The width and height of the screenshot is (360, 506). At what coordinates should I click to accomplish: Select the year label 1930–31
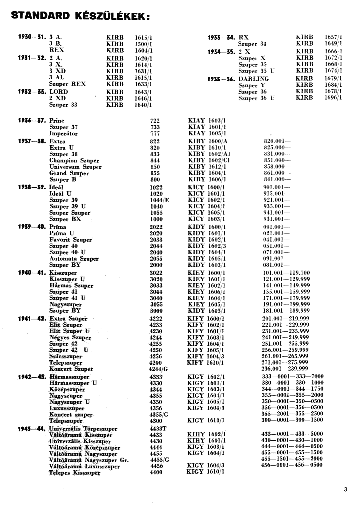pos(32,37)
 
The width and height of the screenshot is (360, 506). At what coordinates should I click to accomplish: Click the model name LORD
pos(59,92)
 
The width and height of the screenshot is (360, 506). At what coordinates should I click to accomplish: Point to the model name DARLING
pos(254,79)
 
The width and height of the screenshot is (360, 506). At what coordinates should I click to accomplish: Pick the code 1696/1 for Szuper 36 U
pos(333,98)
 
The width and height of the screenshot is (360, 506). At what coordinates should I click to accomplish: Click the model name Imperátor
pos(63,134)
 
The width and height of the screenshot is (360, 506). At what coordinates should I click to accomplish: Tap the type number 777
pos(155,134)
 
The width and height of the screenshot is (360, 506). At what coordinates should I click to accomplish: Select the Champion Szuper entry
pos(74,161)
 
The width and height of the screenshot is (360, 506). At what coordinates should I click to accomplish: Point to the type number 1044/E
pos(159,200)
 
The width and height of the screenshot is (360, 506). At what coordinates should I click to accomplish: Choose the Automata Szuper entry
pos(74,259)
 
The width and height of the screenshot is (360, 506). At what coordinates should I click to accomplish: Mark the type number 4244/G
pos(158,369)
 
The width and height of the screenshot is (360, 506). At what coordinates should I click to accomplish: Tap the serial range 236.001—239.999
pos(285,369)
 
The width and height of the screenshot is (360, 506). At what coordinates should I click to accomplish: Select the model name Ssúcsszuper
pos(66,356)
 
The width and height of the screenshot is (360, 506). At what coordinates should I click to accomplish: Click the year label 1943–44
pos(32,429)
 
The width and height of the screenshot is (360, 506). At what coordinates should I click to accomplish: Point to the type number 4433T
pos(158,429)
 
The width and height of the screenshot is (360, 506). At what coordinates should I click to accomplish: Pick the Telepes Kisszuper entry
pos(75,473)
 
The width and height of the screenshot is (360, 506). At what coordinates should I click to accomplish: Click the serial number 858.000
pos(277,167)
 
